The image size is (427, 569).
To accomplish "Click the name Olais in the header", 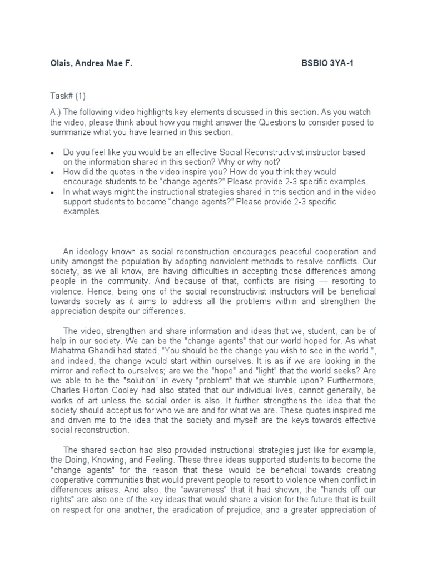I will tap(62, 63).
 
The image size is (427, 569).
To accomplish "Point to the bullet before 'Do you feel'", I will tap(52, 152).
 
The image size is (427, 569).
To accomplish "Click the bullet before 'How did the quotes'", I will tap(52, 172).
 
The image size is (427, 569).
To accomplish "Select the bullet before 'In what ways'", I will tap(52, 192).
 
